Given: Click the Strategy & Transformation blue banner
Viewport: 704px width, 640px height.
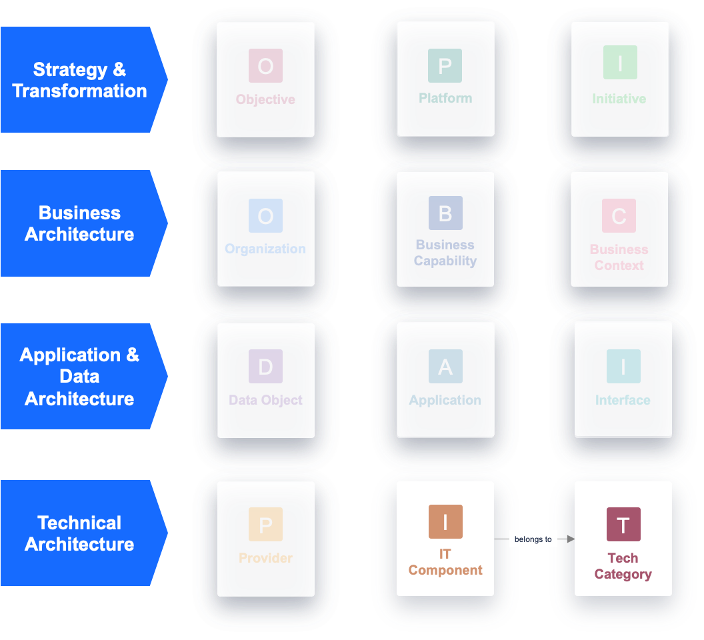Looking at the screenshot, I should tap(80, 80).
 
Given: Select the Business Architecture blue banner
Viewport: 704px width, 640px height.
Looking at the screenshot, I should tap(80, 223).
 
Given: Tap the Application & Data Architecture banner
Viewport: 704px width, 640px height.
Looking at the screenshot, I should tap(80, 376).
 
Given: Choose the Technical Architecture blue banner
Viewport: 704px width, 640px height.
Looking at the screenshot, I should tap(80, 533).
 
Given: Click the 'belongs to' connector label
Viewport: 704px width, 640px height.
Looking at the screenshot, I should tap(533, 539).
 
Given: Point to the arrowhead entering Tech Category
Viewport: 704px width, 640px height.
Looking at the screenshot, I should tap(571, 539).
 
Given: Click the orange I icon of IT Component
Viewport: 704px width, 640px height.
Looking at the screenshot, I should tap(445, 522).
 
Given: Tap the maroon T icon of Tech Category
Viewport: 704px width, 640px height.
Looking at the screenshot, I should tap(623, 524).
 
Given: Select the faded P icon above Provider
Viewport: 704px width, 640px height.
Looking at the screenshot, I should tap(265, 524).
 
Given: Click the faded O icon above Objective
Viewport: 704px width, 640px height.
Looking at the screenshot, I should tap(265, 65).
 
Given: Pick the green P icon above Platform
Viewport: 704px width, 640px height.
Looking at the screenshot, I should tap(445, 65).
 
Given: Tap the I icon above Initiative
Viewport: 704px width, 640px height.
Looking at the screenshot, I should tap(620, 63).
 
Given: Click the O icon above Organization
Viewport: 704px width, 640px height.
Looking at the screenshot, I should tap(265, 215).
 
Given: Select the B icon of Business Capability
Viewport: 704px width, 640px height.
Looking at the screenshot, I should tap(445, 213).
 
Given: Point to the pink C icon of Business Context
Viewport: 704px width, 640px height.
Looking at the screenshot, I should tap(619, 215).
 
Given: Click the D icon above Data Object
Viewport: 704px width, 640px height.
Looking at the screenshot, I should tap(265, 366).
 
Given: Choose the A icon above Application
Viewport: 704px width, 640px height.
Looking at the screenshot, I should tap(445, 366).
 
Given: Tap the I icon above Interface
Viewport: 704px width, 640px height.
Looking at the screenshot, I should tap(623, 366).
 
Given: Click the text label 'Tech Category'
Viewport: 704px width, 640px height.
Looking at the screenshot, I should tap(623, 566).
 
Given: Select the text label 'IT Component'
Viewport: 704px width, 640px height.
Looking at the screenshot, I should tap(445, 562).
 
